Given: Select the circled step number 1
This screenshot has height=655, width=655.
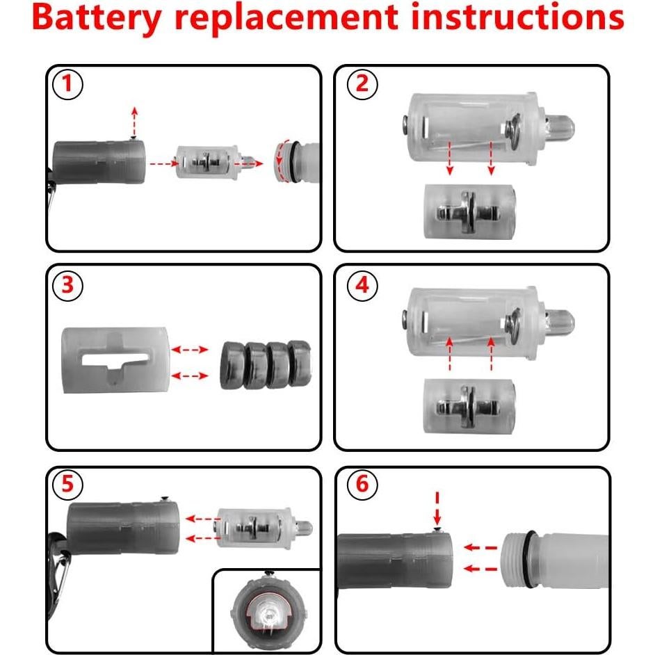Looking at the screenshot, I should (x=67, y=85).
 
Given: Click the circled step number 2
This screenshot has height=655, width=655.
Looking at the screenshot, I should (x=362, y=85).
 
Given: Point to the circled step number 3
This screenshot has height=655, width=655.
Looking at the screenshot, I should (x=67, y=284).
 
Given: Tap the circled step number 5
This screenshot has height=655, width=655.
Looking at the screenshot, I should (x=67, y=485).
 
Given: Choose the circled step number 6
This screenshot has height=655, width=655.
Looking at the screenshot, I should (x=362, y=485).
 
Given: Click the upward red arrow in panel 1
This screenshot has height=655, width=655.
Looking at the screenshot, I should (x=134, y=121).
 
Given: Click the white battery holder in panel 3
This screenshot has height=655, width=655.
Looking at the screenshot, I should (x=115, y=359).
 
